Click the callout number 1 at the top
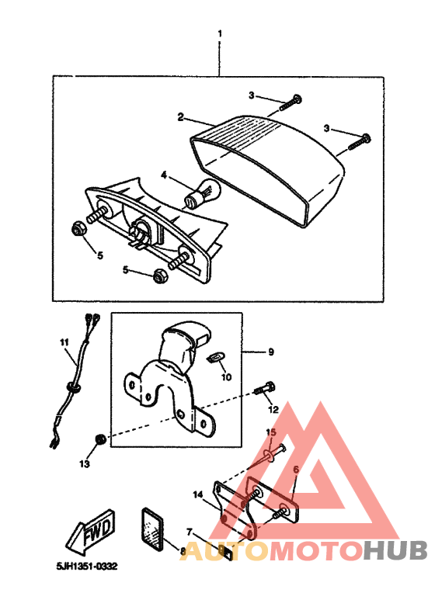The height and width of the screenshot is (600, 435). click(x=220, y=34)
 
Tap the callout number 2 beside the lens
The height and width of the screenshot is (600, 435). click(x=180, y=117)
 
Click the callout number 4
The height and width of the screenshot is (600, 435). click(x=164, y=175)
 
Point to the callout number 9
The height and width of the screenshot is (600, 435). click(x=271, y=352)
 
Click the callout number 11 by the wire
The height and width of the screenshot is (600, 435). click(x=64, y=342)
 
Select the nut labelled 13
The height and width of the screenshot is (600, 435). click(x=99, y=440)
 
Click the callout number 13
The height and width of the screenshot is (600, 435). click(x=84, y=463)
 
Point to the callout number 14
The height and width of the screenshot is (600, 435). click(x=198, y=494)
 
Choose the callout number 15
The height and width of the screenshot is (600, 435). click(x=271, y=432)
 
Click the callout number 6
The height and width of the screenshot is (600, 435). click(x=296, y=470)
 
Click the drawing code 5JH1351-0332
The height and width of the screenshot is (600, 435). click(x=86, y=567)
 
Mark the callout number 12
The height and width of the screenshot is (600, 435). click(x=273, y=408)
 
